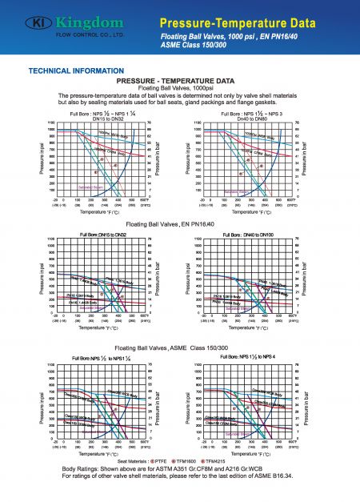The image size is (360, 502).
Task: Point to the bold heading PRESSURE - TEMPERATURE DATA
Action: [x=175, y=81]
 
